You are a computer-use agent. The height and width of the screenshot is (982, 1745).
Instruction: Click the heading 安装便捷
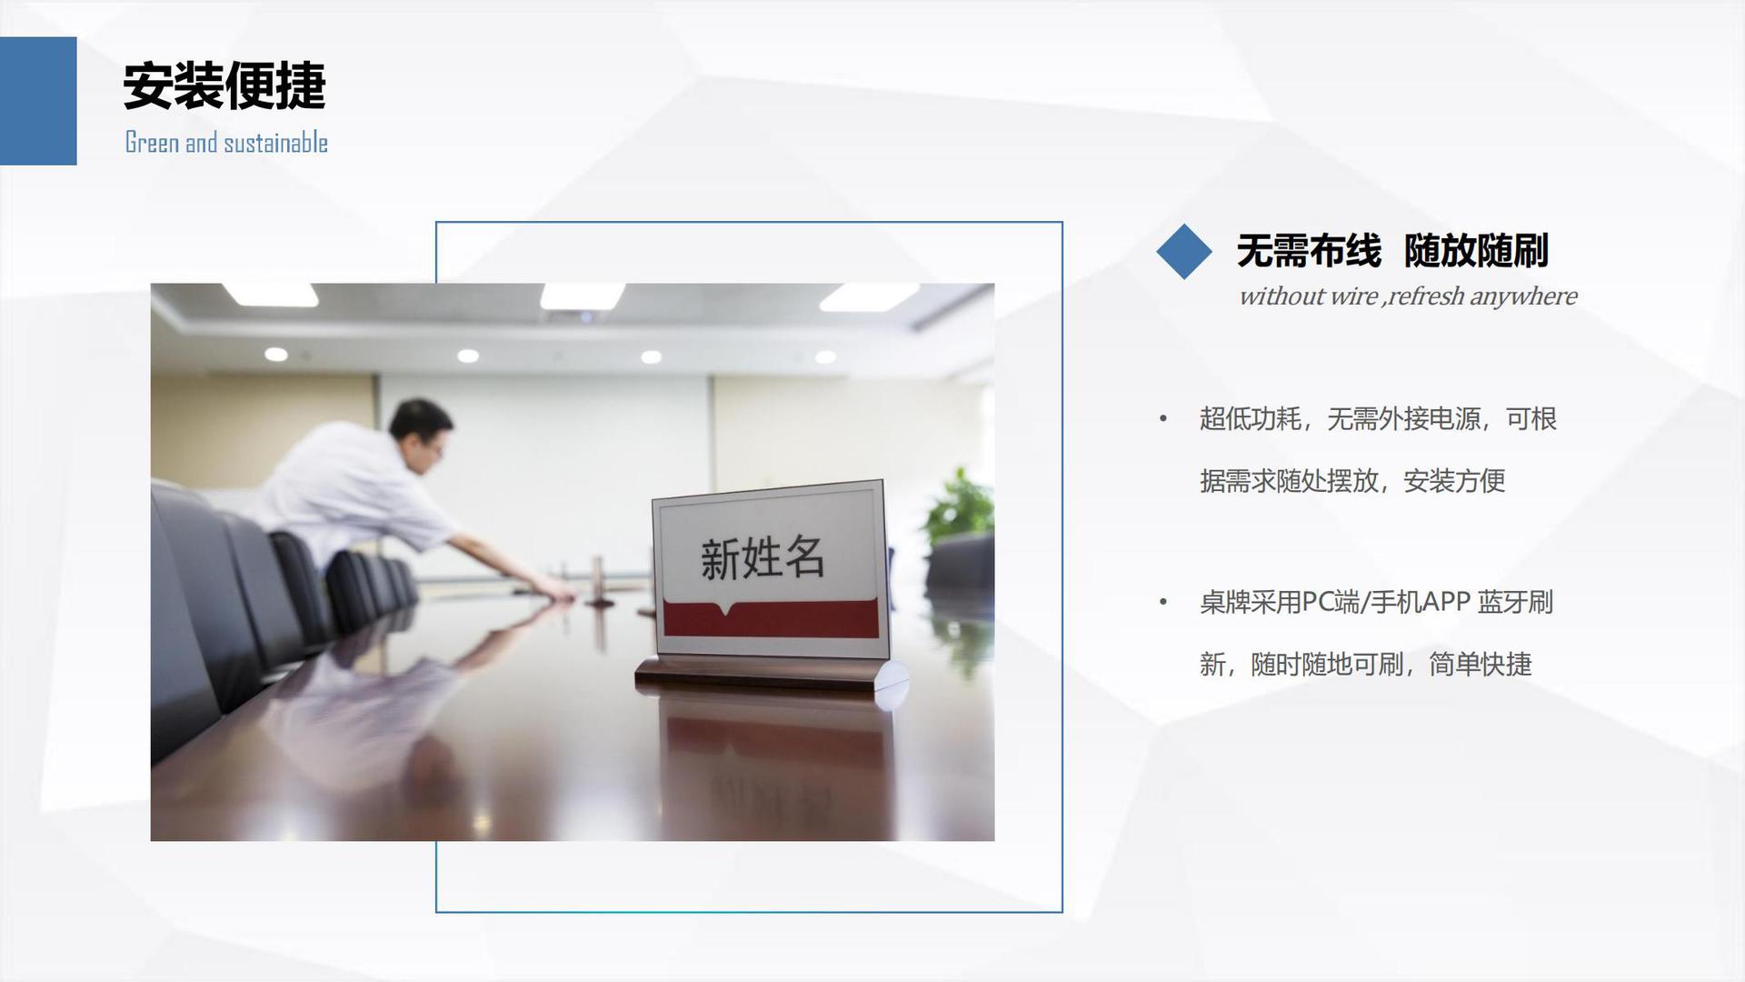click(224, 86)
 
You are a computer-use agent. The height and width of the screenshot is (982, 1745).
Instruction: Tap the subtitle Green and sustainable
click(226, 143)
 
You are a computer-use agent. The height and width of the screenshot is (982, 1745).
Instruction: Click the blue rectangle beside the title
click(38, 101)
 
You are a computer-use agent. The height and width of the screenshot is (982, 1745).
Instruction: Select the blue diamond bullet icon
click(1184, 251)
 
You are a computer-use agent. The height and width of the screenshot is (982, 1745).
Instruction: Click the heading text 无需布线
click(1309, 251)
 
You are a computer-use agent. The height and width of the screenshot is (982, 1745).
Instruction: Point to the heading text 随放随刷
click(1476, 251)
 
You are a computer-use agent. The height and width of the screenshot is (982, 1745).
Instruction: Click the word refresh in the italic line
click(1426, 296)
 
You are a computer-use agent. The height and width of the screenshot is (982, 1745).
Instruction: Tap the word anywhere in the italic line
click(1524, 297)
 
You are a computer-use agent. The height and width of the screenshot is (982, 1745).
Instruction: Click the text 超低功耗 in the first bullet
click(1251, 419)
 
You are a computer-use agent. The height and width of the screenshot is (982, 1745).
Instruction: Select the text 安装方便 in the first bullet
click(1454, 481)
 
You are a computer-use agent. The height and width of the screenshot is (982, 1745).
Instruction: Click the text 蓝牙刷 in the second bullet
click(1515, 602)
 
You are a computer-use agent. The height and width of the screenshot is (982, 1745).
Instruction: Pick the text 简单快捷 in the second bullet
click(1481, 665)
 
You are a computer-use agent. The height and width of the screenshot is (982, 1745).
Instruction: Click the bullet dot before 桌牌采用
click(1162, 602)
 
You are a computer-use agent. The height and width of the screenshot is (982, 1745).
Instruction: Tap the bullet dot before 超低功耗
click(1162, 419)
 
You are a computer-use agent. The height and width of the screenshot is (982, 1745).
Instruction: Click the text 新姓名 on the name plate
click(763, 557)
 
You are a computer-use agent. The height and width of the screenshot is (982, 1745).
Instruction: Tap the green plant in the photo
click(958, 506)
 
